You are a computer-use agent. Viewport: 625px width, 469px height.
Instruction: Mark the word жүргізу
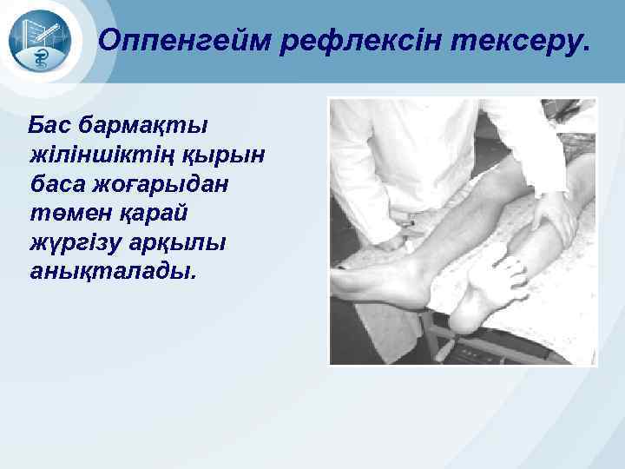click(71, 243)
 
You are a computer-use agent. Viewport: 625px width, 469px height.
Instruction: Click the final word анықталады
click(112, 273)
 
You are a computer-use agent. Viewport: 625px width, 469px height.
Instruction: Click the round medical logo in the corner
click(44, 43)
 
